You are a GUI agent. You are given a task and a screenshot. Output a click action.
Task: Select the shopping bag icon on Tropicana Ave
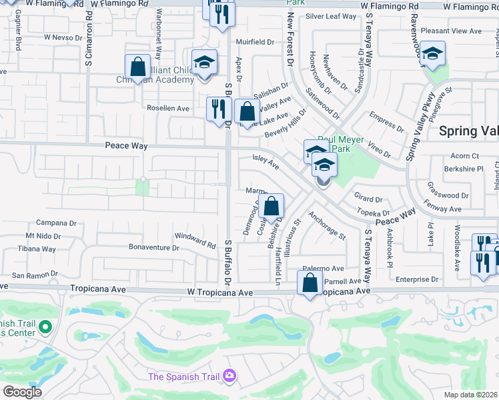point(310,283)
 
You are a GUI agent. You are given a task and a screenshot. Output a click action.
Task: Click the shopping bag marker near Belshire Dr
point(272,207)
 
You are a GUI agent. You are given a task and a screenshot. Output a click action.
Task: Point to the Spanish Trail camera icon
point(229,377)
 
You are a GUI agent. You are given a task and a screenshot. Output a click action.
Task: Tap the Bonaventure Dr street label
point(154,247)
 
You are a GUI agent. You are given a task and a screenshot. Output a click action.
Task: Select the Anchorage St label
point(327,225)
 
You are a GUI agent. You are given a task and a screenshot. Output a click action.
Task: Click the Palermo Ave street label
point(323,268)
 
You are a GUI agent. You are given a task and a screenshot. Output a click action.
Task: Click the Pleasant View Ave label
point(456,31)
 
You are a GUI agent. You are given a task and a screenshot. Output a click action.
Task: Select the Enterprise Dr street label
point(416,279)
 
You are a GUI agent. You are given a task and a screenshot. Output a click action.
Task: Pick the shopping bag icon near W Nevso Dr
point(137,67)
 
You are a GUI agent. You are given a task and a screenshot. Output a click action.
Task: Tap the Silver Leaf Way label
point(332,16)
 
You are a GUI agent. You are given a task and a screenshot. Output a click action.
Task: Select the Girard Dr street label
point(368,199)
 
